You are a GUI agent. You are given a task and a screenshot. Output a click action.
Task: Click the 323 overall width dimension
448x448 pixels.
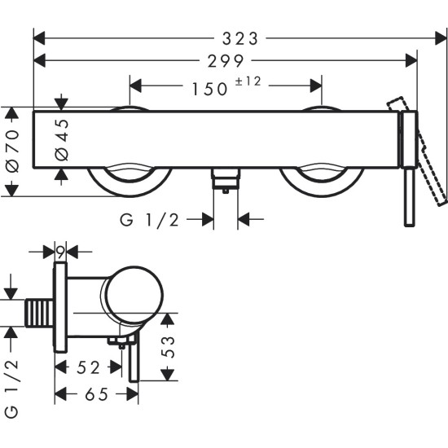(241, 38)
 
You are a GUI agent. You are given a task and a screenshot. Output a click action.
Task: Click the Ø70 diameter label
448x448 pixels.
(13, 152)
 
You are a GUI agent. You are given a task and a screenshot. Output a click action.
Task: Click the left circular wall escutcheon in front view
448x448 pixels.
(130, 179)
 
